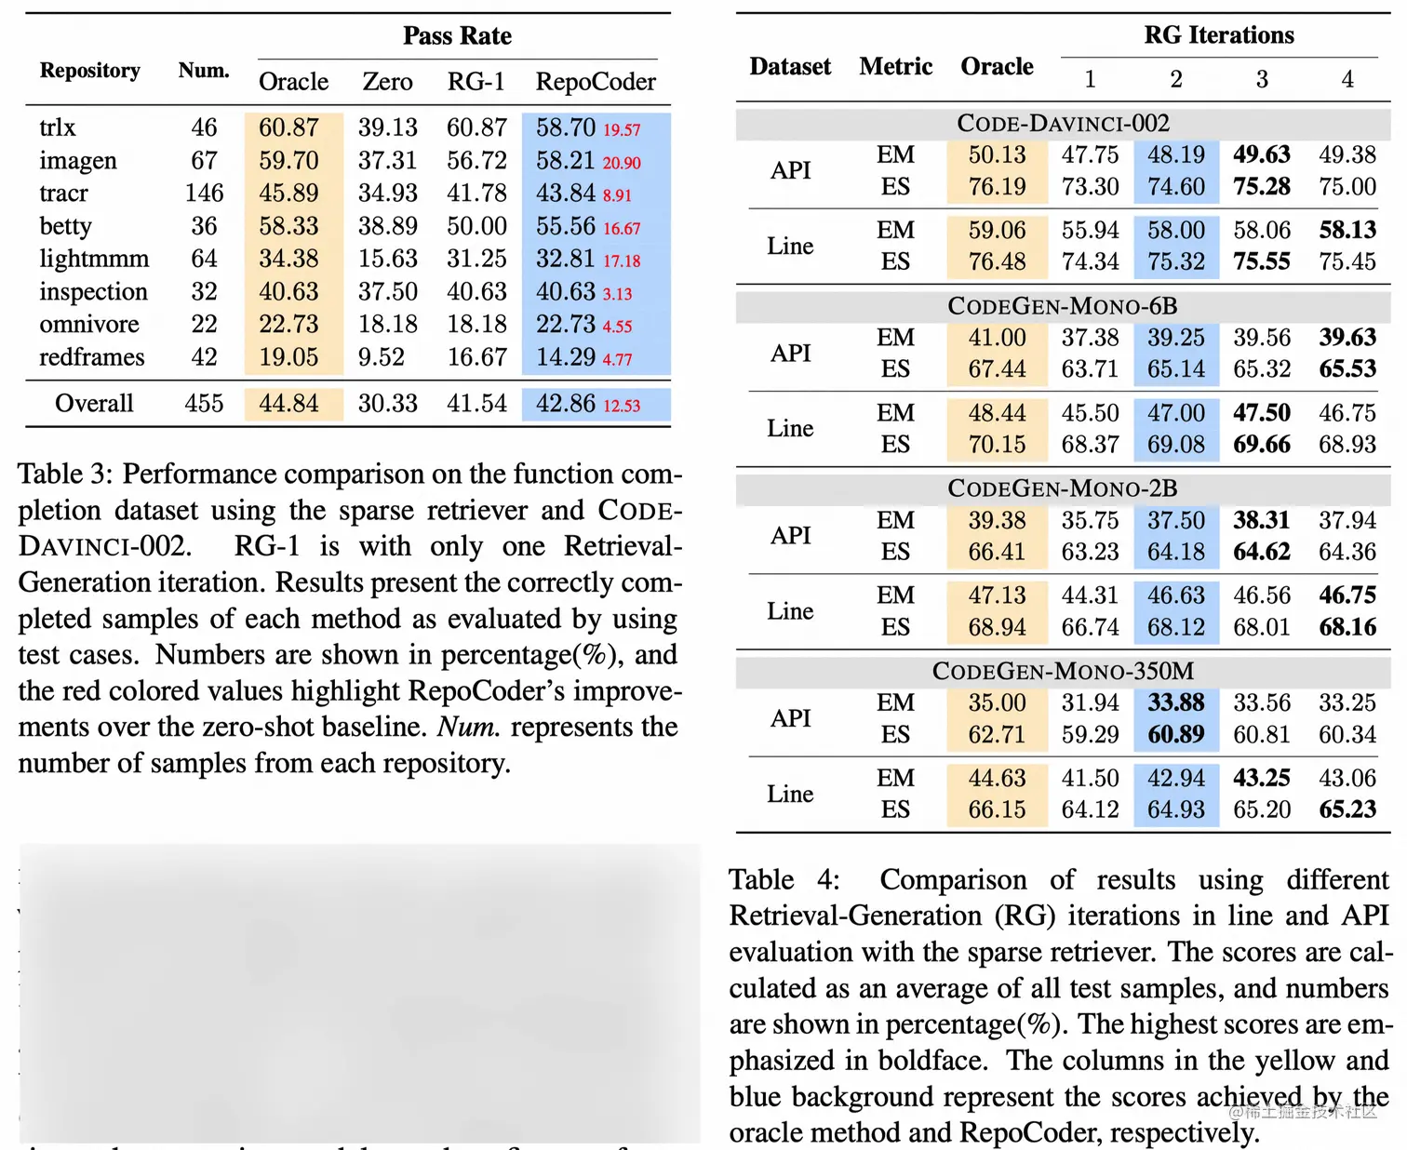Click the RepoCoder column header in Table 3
coord(596,82)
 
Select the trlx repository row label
coord(58,127)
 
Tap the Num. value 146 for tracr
coord(204,193)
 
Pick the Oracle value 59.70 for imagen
coord(288,160)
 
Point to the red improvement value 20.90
coord(622,163)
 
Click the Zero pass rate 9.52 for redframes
coord(382,356)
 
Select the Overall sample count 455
coord(204,403)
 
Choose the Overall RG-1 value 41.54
coord(476,403)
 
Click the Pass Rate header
coord(457,35)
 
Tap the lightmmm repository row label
coord(94,259)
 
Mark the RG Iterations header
coord(1219,35)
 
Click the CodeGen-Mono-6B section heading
coord(1063,306)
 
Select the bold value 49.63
coord(1262,154)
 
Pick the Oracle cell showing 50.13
coord(997,154)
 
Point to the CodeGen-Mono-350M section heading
coord(1063,671)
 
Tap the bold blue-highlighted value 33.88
coord(1176,702)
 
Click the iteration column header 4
coord(1347,80)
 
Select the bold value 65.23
coord(1347,809)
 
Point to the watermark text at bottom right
coord(1302,1111)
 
